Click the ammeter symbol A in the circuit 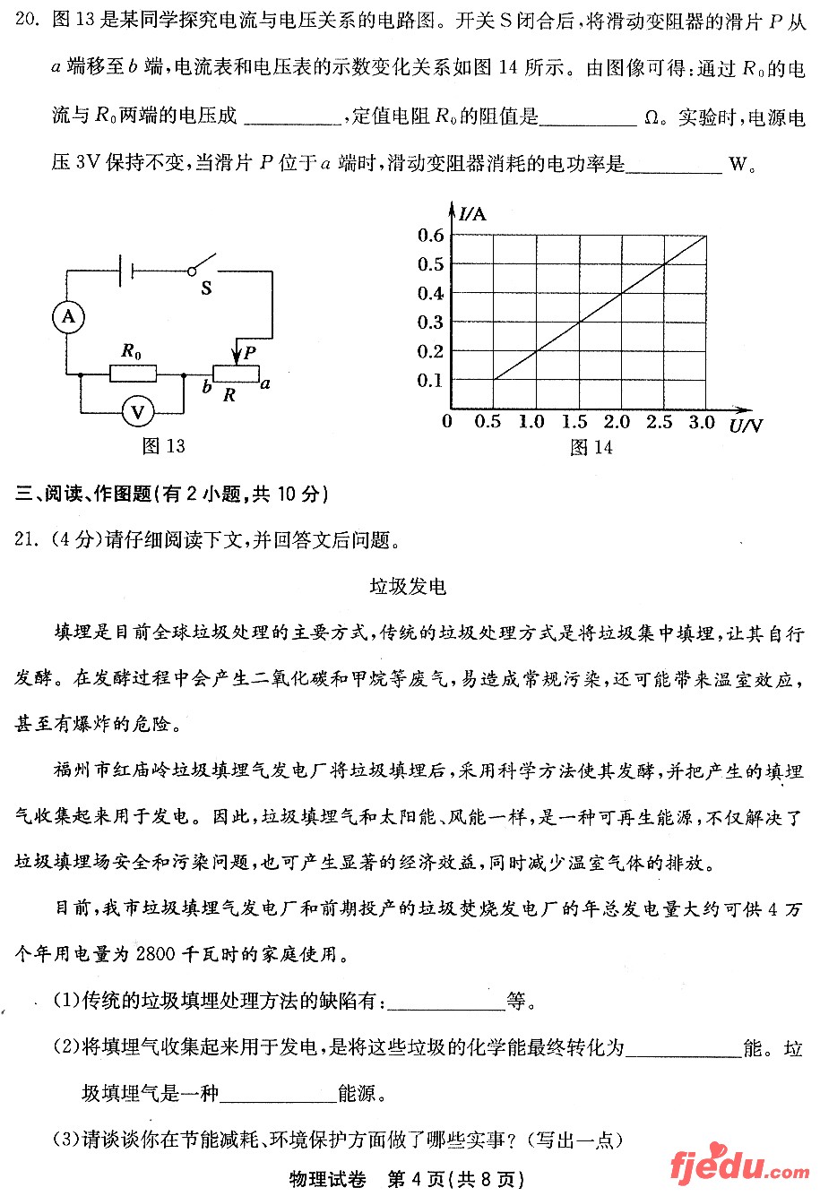[67, 316]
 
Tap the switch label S [206, 288]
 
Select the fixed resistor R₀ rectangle [133, 373]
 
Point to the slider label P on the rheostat [249, 353]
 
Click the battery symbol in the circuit [126, 269]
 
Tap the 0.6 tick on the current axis [430, 236]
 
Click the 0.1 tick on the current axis [430, 380]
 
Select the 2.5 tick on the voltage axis [660, 422]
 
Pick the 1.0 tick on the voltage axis [531, 422]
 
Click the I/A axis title [472, 213]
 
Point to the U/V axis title [746, 425]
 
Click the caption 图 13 [164, 445]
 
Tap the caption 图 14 [591, 447]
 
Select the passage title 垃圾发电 [408, 587]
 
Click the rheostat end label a [265, 383]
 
